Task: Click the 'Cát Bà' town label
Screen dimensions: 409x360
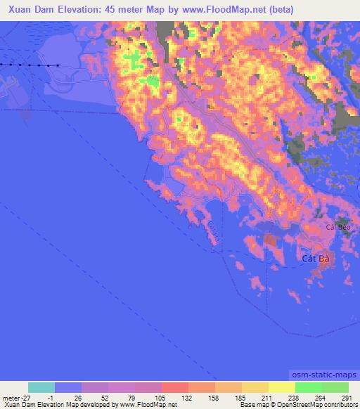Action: [315, 258]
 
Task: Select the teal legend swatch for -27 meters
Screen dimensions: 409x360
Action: [41, 387]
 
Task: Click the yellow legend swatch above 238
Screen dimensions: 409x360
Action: [281, 387]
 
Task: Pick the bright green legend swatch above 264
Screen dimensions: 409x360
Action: [308, 387]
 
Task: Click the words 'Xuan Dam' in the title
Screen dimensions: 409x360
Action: [25, 9]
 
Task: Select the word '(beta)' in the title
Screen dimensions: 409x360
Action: [279, 9]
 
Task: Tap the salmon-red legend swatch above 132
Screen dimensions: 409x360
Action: [175, 387]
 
